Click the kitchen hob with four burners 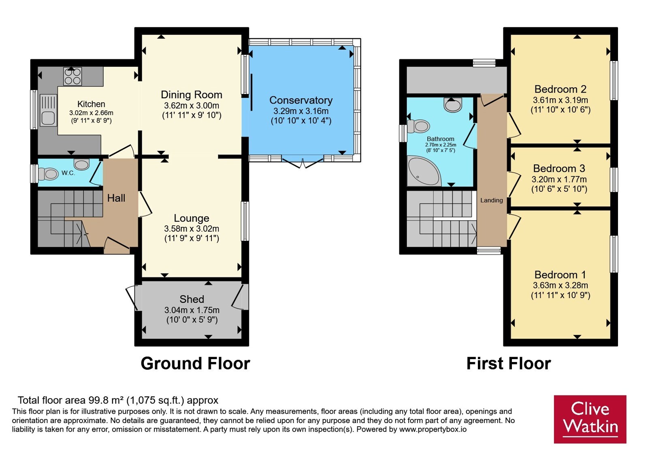[72, 76]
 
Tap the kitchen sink [49, 110]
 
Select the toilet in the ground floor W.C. [48, 174]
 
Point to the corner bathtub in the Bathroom [424, 171]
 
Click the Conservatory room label [301, 100]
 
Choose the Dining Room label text [192, 95]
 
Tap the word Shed [192, 299]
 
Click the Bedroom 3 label [559, 168]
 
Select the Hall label [116, 198]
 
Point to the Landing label [492, 200]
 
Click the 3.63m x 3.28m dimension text [561, 286]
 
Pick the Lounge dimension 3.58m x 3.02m [192, 229]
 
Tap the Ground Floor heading [195, 364]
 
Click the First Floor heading [509, 364]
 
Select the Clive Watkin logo [590, 419]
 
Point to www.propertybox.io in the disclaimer [433, 429]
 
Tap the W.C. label [68, 173]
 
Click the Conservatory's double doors [303, 162]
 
